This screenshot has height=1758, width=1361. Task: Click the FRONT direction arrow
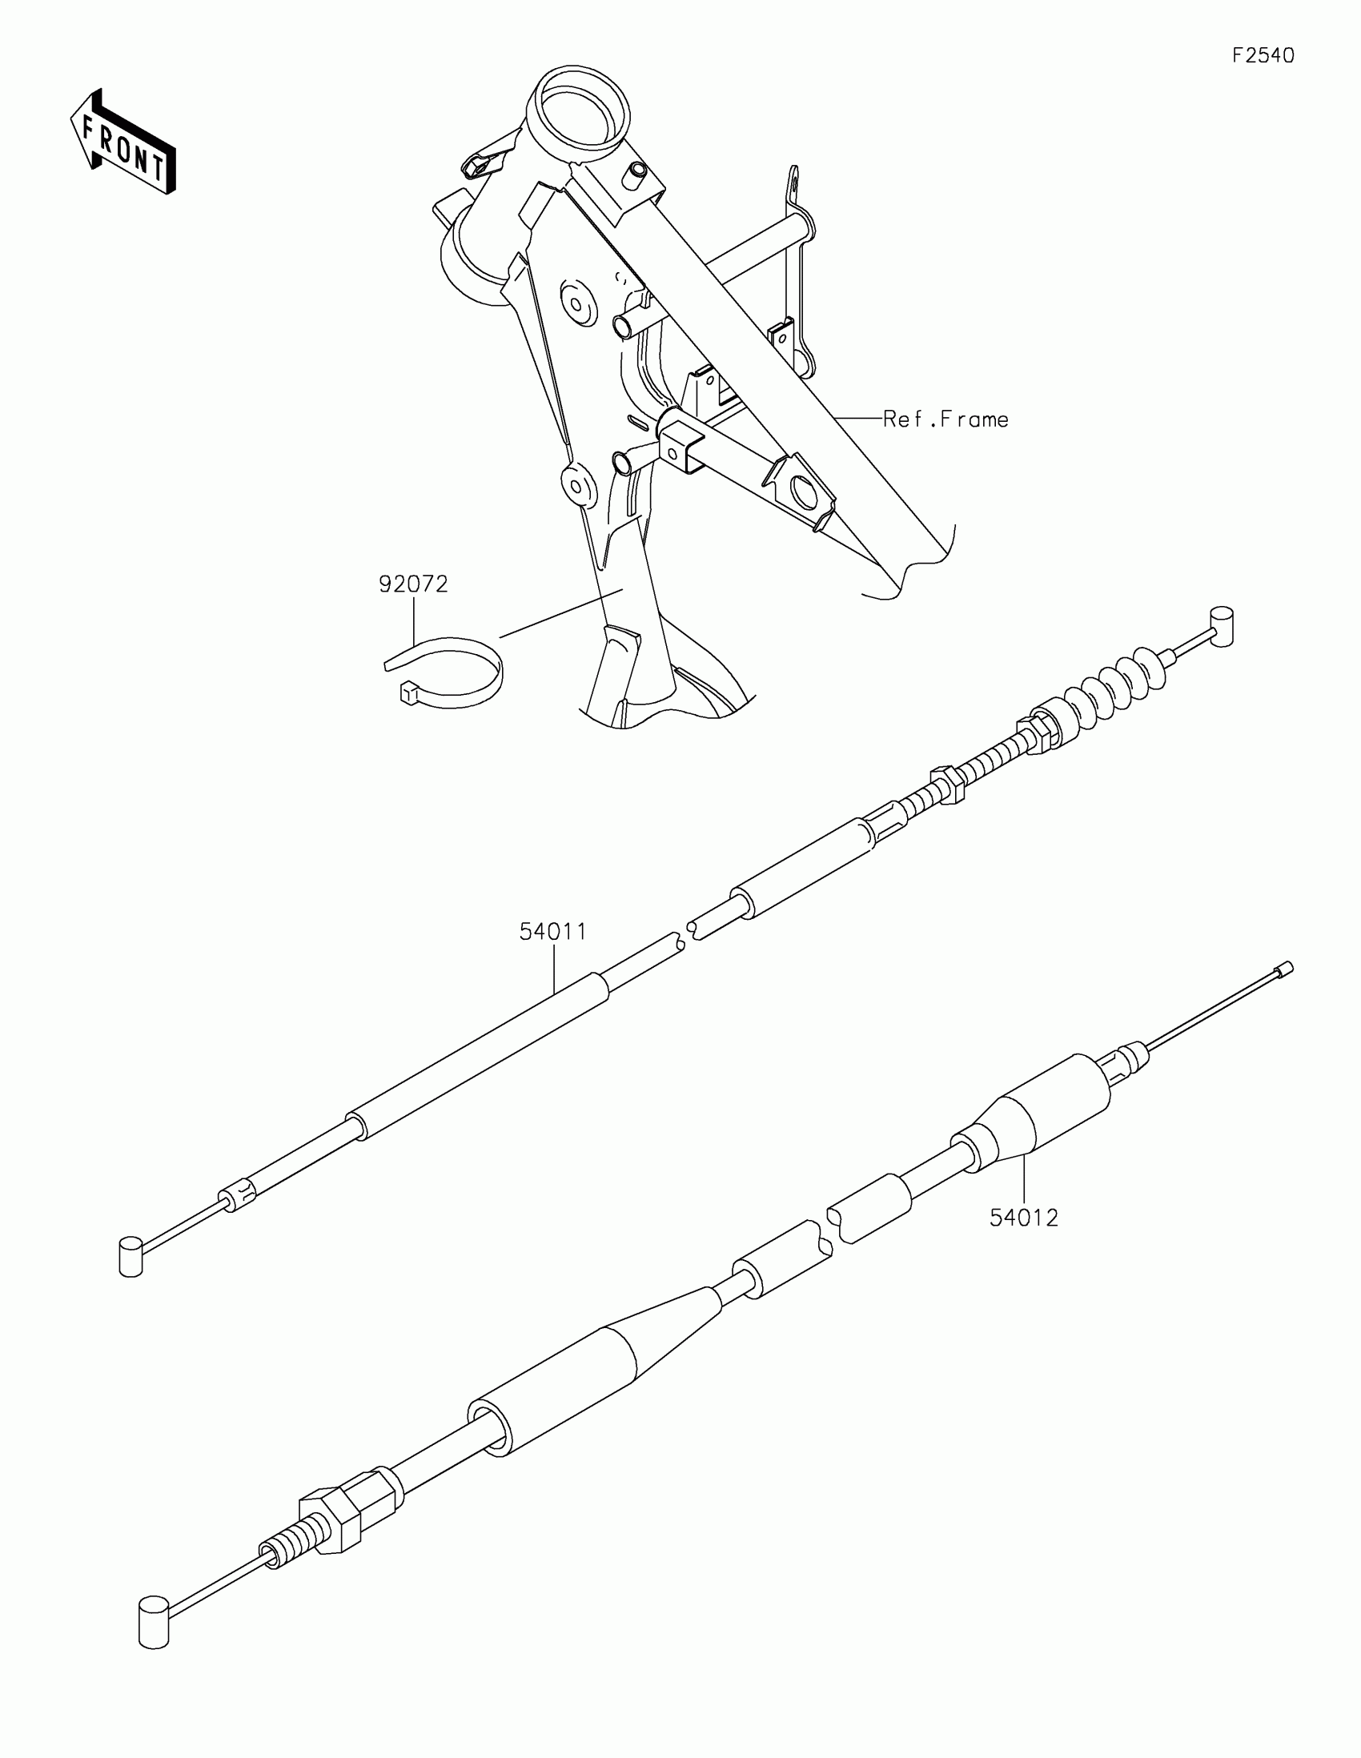coord(122,143)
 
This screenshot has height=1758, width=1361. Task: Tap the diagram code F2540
coord(1263,55)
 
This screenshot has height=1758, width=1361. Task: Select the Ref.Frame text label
coord(945,419)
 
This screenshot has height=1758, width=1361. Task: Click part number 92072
coord(413,584)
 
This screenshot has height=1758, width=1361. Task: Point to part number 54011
coord(552,932)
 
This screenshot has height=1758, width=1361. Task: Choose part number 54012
coord(1023,1218)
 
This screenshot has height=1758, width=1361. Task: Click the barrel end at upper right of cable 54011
coord(1222,626)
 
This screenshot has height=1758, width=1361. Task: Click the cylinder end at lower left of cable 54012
coord(154,1622)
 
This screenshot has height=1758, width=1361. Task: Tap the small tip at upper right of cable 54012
coord(1285,969)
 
